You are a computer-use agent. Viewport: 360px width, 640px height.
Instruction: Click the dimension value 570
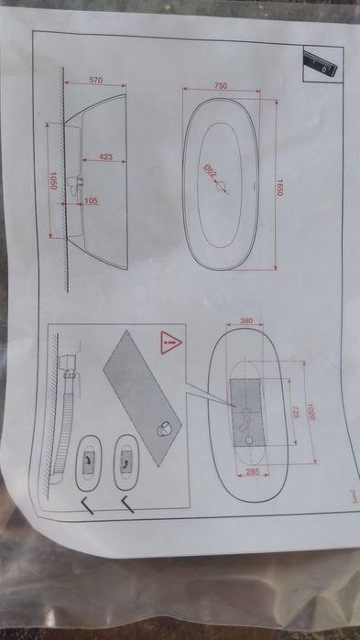tap(96, 80)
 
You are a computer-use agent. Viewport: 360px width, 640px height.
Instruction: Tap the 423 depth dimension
tap(105, 157)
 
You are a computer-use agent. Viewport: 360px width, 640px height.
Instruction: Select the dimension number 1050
tap(52, 180)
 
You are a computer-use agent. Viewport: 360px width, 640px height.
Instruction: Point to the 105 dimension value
tap(91, 201)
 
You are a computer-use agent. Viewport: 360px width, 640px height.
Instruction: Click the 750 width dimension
tap(221, 86)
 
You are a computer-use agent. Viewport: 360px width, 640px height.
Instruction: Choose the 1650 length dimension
tap(279, 188)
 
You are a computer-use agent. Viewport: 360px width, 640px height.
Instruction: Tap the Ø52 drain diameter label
tap(210, 171)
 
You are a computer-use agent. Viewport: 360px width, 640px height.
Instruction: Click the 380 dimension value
tap(246, 320)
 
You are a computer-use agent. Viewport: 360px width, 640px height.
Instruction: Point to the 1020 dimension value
tap(311, 412)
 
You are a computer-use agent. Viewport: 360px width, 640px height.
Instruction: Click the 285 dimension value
tap(253, 472)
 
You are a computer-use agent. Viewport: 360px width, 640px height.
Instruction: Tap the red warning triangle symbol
tap(171, 342)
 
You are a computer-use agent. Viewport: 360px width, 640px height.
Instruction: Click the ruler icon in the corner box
tap(321, 64)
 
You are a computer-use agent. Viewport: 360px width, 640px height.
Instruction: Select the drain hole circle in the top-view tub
tap(221, 187)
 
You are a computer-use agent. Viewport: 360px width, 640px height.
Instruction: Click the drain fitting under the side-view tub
tap(75, 185)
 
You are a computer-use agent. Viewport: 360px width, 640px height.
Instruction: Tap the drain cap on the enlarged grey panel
tap(165, 428)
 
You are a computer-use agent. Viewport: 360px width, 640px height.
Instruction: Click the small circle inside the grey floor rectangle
tap(249, 440)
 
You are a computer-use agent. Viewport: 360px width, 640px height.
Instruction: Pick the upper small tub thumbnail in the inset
tap(127, 462)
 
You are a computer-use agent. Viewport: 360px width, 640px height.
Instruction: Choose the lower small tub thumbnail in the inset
tap(89, 463)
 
